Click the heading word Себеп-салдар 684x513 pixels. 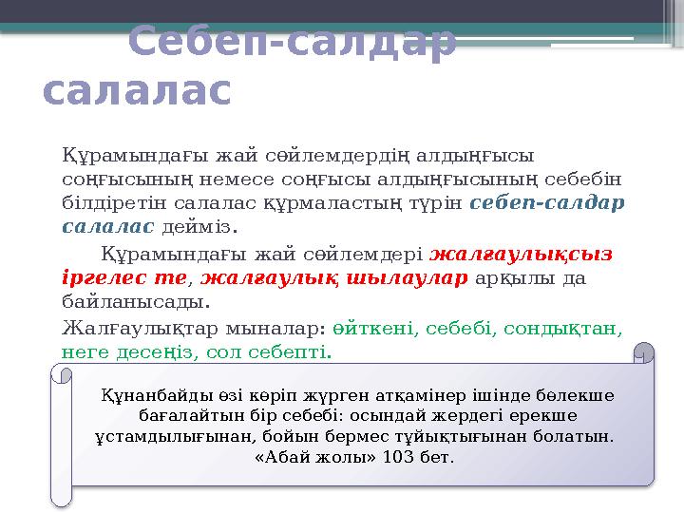[291, 44]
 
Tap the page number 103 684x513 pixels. [404, 458]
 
